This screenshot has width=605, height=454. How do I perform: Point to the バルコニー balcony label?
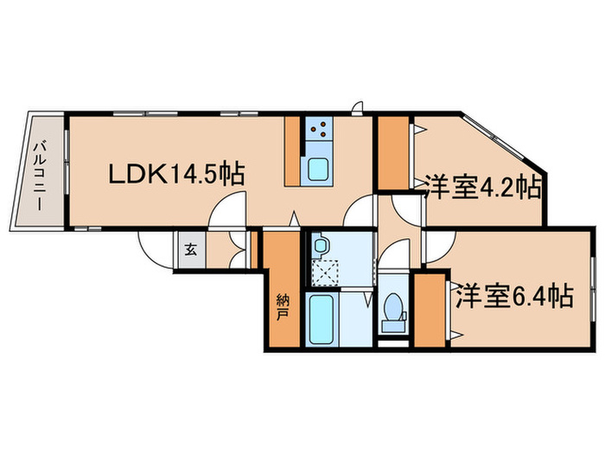(x=40, y=174)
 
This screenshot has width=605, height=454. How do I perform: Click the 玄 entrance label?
(x=189, y=252)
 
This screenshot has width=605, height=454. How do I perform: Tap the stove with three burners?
(x=316, y=131)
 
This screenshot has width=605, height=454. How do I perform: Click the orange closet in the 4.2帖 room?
(x=393, y=151)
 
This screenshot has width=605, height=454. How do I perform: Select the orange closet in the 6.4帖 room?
(x=427, y=309)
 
